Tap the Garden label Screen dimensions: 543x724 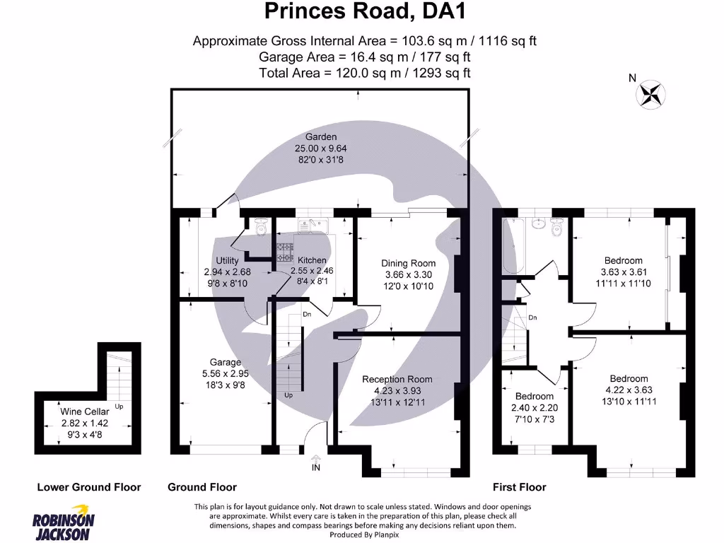click(320, 136)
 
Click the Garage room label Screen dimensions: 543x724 click(225, 362)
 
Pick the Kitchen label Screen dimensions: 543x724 click(312, 260)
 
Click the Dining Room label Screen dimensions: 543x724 click(408, 264)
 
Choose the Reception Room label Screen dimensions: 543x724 click(397, 379)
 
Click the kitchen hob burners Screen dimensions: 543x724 click(285, 248)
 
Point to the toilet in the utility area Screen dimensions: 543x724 click(259, 227)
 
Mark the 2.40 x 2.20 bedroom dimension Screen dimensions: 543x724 click(534, 407)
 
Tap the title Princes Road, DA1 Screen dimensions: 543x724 click(366, 11)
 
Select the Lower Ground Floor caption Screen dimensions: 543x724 click(89, 487)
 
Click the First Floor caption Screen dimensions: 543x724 click(519, 487)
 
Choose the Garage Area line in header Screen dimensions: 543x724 click(365, 57)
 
